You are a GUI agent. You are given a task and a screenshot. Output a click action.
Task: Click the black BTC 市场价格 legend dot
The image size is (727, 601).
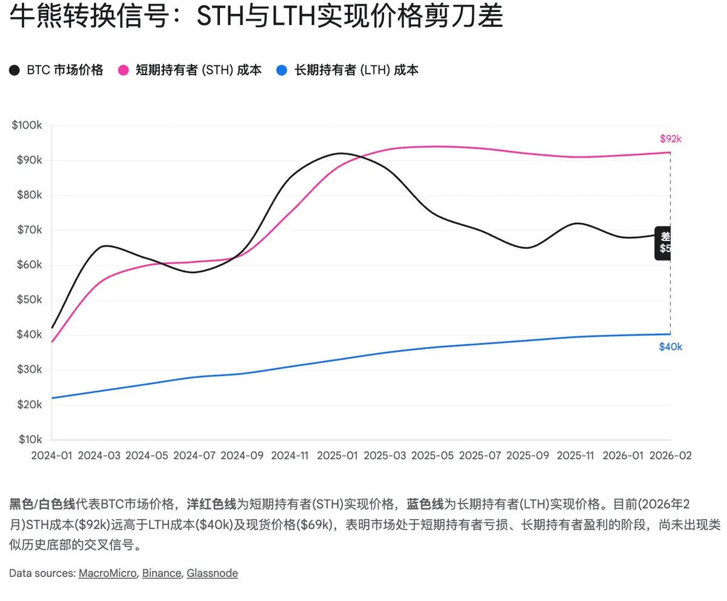(x=15, y=70)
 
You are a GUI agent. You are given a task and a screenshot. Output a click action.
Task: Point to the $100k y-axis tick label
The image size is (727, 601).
(x=27, y=125)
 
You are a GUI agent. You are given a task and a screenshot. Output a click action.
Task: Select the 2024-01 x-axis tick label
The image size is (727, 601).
(x=51, y=455)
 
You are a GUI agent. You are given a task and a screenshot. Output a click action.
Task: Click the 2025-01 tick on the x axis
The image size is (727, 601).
(x=338, y=455)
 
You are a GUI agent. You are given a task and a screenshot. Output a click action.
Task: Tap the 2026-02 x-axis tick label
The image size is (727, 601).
(x=670, y=455)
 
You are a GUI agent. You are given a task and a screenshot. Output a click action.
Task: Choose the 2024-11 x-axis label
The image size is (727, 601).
(x=290, y=455)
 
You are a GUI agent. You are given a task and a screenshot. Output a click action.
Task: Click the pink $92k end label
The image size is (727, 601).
(x=671, y=139)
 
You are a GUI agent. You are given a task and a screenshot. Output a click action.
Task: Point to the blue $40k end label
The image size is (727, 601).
(x=671, y=347)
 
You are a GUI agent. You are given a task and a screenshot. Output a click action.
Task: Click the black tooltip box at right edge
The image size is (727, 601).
(x=663, y=242)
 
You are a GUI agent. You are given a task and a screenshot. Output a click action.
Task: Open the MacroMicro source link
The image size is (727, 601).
(x=107, y=573)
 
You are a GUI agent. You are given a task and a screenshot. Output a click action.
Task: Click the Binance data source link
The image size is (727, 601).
(x=161, y=573)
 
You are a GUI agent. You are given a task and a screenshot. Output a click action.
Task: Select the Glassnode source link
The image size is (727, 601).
(x=212, y=573)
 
